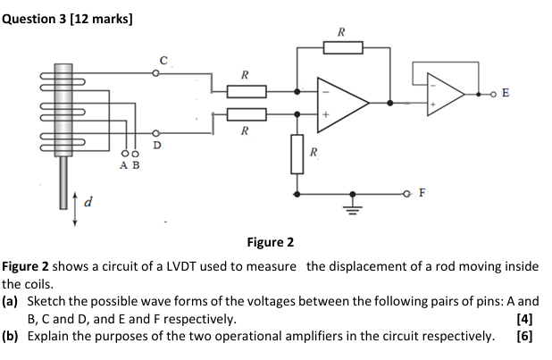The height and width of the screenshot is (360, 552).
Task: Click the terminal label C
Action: [x=163, y=59]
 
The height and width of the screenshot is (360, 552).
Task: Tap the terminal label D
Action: [x=158, y=144]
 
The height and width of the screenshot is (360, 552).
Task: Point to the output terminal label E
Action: [x=506, y=93]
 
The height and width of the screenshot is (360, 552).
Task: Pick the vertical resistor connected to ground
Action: [x=297, y=155]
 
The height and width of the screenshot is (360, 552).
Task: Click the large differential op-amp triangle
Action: [x=343, y=103]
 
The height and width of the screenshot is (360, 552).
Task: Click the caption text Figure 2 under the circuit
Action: [x=270, y=242]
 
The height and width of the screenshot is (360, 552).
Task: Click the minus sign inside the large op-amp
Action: [x=326, y=91]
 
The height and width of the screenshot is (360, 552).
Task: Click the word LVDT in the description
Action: [x=164, y=267]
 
